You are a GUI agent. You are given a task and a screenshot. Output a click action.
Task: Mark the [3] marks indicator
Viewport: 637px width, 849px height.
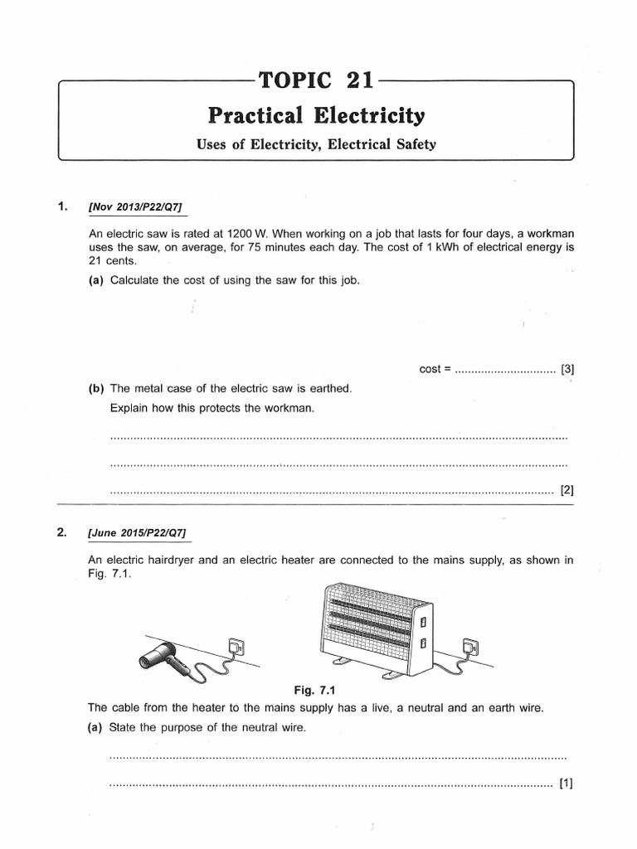(567, 369)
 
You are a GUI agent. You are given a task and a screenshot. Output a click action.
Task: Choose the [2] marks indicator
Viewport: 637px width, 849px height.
(567, 490)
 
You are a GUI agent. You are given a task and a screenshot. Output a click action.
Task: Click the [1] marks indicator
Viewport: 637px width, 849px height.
(567, 782)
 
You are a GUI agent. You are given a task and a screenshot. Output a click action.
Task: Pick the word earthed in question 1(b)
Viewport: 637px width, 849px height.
(330, 388)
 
